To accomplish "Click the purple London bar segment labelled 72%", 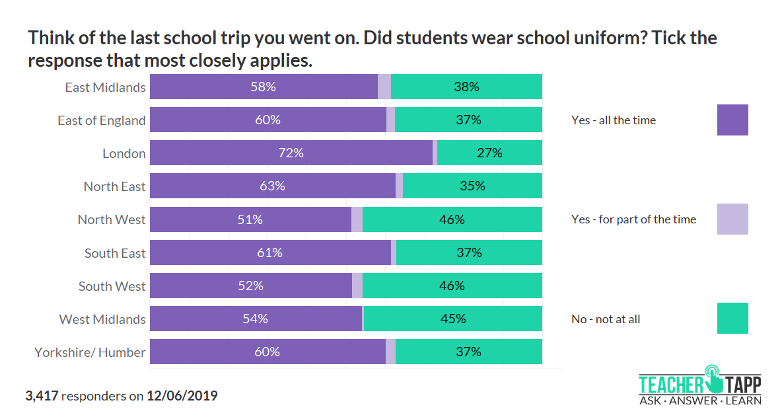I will click(291, 153).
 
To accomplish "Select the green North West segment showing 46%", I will click(452, 219).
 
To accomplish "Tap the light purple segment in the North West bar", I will click(357, 219).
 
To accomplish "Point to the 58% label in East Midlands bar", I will click(263, 87).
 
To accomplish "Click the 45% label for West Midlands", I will click(453, 319).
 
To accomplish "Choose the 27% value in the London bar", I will click(489, 153).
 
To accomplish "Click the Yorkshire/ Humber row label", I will click(90, 352).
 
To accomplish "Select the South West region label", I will click(112, 286).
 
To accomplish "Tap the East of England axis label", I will click(101, 120).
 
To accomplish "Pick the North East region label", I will click(114, 186).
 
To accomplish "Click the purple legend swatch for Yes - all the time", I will click(732, 120).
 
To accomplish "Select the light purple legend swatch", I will click(732, 219).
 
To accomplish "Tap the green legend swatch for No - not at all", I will click(732, 318).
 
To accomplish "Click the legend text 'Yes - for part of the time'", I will click(633, 219).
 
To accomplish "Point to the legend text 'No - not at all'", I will click(606, 319).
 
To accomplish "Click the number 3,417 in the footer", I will click(42, 396).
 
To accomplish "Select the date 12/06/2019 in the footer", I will click(182, 396).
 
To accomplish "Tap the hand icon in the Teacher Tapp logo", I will click(714, 377).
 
